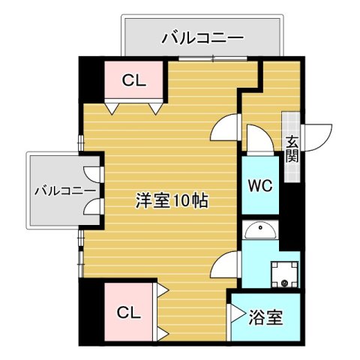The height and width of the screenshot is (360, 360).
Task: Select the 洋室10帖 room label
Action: pos(172,201)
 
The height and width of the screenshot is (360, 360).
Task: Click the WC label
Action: pos(259,185)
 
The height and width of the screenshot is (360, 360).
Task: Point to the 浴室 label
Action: pos(265,317)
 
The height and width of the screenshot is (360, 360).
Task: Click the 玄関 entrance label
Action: pos(291,148)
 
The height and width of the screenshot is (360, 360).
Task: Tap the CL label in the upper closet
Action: pos(136,79)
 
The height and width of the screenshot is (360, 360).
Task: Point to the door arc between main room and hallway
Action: pos(224,129)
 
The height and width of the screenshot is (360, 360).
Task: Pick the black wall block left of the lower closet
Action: pos(90,311)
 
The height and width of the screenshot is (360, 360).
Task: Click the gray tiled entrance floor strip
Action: pos(290,146)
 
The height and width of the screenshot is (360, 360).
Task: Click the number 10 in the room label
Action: pos(179,201)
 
